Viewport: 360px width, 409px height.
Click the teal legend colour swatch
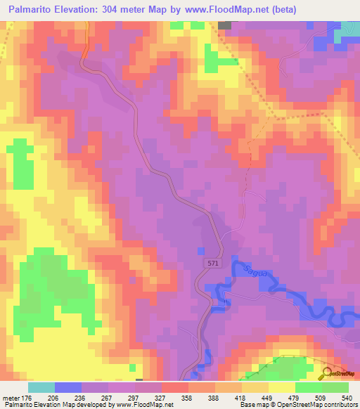[x=41, y=387]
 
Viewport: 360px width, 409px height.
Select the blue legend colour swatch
[x=68, y=387]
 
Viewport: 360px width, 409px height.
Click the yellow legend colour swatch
[x=281, y=387]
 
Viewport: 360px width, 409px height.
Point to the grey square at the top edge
[x=224, y=25]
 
